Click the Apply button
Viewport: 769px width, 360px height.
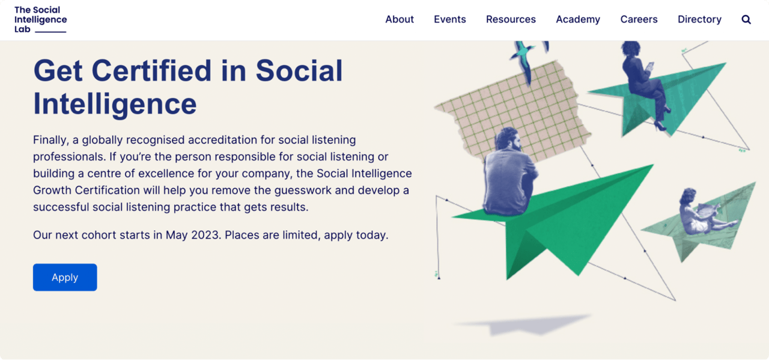(65, 277)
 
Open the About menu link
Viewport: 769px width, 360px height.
(400, 19)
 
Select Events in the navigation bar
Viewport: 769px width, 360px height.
(449, 19)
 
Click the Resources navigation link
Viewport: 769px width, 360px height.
(511, 19)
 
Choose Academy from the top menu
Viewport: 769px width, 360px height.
(578, 19)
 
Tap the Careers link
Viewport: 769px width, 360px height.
(639, 19)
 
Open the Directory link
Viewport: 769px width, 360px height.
(699, 19)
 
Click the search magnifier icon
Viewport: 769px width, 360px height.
(746, 19)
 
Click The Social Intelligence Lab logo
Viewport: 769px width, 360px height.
(40, 19)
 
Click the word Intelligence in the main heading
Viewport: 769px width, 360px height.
(115, 103)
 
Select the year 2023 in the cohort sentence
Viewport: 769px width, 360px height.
(205, 235)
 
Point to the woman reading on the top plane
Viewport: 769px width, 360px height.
(643, 78)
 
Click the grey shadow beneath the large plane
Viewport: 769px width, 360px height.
(523, 325)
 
